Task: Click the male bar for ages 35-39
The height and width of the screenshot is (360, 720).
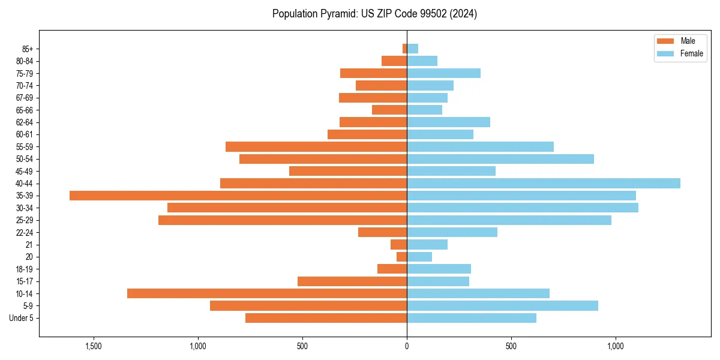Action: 238,196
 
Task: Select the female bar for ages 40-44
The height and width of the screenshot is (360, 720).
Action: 544,183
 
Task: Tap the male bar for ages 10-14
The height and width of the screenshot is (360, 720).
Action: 267,293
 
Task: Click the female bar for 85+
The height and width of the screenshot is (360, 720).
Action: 413,49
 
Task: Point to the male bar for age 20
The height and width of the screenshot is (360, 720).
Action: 402,257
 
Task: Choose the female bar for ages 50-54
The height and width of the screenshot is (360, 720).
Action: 500,159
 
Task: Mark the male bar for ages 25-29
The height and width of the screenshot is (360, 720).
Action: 283,220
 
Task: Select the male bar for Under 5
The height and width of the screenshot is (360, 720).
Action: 326,318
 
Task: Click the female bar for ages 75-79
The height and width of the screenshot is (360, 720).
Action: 444,73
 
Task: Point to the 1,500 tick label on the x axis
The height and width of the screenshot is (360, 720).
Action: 94,346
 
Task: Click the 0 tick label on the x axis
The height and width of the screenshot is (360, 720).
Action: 407,346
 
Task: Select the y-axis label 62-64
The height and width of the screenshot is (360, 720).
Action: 25,122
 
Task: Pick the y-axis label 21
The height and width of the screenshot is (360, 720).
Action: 29,245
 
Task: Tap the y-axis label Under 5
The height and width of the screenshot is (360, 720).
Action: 22,318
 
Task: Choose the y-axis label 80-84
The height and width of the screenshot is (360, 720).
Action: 25,61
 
